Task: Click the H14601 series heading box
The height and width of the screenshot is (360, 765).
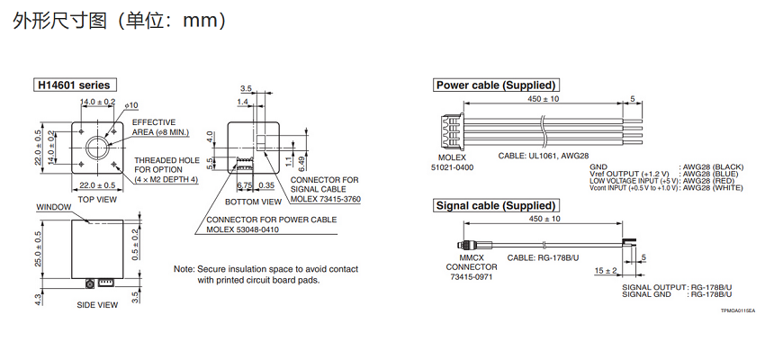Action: tap(74, 85)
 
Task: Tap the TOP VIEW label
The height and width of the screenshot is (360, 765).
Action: tap(96, 199)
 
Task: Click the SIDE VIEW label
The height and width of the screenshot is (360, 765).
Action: tap(97, 304)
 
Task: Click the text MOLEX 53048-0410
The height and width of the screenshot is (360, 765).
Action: tap(246, 229)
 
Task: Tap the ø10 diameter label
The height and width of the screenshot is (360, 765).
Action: tap(131, 105)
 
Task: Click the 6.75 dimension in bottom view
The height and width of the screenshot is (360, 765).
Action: tap(243, 184)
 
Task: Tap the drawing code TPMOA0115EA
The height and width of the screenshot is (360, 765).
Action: tap(737, 310)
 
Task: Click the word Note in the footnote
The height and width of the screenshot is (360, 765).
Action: tap(183, 269)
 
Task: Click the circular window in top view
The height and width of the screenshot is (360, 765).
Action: tap(95, 147)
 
